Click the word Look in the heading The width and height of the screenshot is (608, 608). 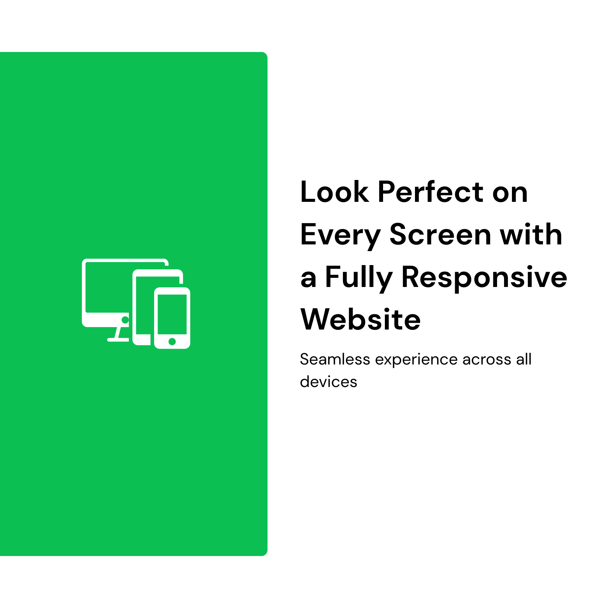(334, 192)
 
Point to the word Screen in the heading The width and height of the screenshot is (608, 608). (440, 234)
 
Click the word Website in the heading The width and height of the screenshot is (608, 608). (361, 319)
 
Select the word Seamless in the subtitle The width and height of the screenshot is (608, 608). (335, 359)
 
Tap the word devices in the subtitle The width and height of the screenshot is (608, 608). (329, 382)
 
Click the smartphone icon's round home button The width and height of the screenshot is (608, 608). (172, 341)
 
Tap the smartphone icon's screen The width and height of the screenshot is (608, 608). (172, 314)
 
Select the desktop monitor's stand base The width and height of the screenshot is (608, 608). (118, 340)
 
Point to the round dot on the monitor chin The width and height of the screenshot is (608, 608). (125, 320)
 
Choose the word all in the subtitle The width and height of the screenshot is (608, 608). (524, 359)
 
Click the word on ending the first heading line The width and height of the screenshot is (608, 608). (510, 193)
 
